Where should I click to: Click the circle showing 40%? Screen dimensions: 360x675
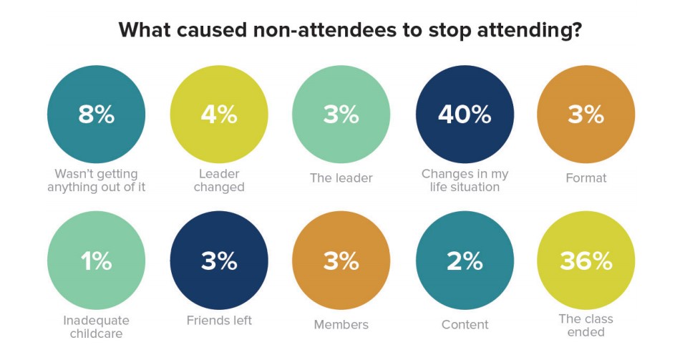coord(465,115)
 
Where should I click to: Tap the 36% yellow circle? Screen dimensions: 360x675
coord(586,261)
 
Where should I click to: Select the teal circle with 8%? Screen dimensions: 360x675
coord(96,115)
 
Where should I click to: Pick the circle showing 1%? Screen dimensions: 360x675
coord(96,261)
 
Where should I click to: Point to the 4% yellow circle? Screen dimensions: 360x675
coord(219,115)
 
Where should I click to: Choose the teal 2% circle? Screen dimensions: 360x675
coord(465,261)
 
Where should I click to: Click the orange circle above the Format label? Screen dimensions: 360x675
coord(586,115)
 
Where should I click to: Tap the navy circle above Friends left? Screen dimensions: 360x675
coord(219,261)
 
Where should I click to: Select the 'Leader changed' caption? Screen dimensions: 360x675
coord(219,180)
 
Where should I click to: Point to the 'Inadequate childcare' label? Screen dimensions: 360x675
coord(96,326)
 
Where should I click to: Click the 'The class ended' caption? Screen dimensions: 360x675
coord(586,325)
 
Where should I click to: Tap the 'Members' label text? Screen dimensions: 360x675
coord(341,324)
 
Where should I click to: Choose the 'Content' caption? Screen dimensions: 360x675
coord(465,324)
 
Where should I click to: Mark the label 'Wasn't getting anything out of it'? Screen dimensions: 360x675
coord(96,180)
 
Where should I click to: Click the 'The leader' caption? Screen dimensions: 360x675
coord(341,177)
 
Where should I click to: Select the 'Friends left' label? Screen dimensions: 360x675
coord(219,320)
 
